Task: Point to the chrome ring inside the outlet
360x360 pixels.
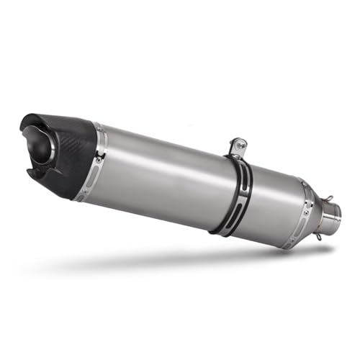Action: [49, 148]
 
